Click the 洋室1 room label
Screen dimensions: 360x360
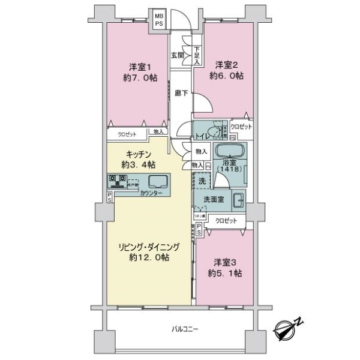click(137, 66)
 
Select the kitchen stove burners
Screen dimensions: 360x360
click(116, 179)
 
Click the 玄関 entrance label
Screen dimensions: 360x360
click(177, 56)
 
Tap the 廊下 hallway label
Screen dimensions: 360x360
click(179, 93)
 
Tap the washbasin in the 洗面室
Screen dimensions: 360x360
click(238, 200)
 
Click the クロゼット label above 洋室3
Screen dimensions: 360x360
click(226, 221)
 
